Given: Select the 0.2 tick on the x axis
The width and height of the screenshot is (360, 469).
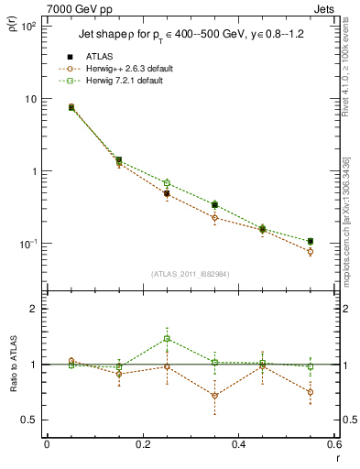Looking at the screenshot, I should [x=142, y=446].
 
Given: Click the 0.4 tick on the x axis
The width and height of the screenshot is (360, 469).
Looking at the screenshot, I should [x=238, y=446].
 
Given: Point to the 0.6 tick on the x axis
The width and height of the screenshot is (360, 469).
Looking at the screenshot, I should [x=333, y=446].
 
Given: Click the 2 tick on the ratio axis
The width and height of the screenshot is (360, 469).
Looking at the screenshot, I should [x=33, y=309].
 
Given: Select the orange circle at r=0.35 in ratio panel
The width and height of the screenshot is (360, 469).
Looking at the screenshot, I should [x=214, y=396].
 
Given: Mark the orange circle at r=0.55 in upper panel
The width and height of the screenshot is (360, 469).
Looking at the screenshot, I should [x=311, y=251].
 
